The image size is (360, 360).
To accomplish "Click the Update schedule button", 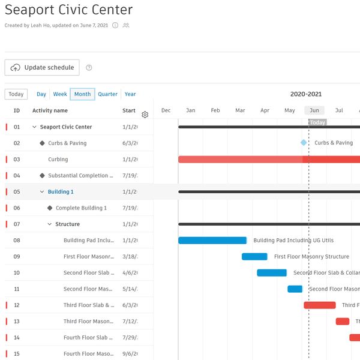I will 42,68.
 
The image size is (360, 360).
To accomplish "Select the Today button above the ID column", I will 16,94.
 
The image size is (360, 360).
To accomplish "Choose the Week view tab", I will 60,94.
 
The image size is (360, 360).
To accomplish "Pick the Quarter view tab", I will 108,94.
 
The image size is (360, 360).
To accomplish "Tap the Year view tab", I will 130,94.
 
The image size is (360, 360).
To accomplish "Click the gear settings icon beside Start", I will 145,115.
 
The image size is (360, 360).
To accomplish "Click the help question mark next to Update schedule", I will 89,68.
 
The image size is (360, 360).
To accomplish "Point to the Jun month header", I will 314,110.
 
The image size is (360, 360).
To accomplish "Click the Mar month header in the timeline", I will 240,110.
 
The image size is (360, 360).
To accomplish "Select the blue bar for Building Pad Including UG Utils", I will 212,241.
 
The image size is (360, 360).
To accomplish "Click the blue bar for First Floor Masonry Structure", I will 254,257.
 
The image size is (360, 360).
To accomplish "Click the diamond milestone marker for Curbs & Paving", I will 304,143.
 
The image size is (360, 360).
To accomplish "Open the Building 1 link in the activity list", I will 61,192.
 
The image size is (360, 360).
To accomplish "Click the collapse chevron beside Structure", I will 50,224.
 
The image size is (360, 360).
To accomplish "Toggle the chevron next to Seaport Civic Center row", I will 34,127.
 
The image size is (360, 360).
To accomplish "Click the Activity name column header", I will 50,110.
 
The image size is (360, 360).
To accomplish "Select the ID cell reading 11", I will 17,289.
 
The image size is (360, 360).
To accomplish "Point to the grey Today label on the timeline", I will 317,122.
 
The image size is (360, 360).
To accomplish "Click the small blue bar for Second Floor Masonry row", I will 295,289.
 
